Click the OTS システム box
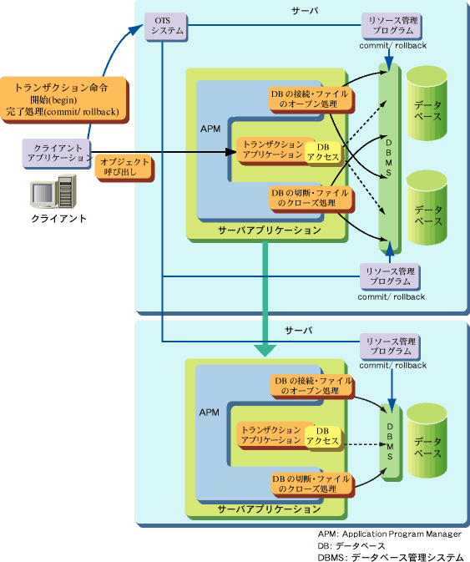(166, 26)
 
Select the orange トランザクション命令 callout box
(63, 99)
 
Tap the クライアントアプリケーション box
(57, 154)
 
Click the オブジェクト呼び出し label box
(124, 168)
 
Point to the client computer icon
(53, 191)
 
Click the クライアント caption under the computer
(58, 218)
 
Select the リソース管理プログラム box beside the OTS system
(392, 26)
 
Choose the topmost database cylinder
(427, 103)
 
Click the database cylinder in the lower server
(427, 440)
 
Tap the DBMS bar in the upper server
(389, 159)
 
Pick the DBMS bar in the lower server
(391, 442)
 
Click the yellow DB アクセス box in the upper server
(323, 152)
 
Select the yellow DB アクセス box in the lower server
(322, 436)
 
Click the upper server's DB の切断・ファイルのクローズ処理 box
(311, 199)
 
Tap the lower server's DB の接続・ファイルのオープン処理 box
(312, 387)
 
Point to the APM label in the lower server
(210, 413)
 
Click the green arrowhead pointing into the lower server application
(265, 351)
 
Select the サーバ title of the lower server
(298, 330)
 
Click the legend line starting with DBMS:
(391, 557)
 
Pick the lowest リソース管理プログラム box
(390, 347)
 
